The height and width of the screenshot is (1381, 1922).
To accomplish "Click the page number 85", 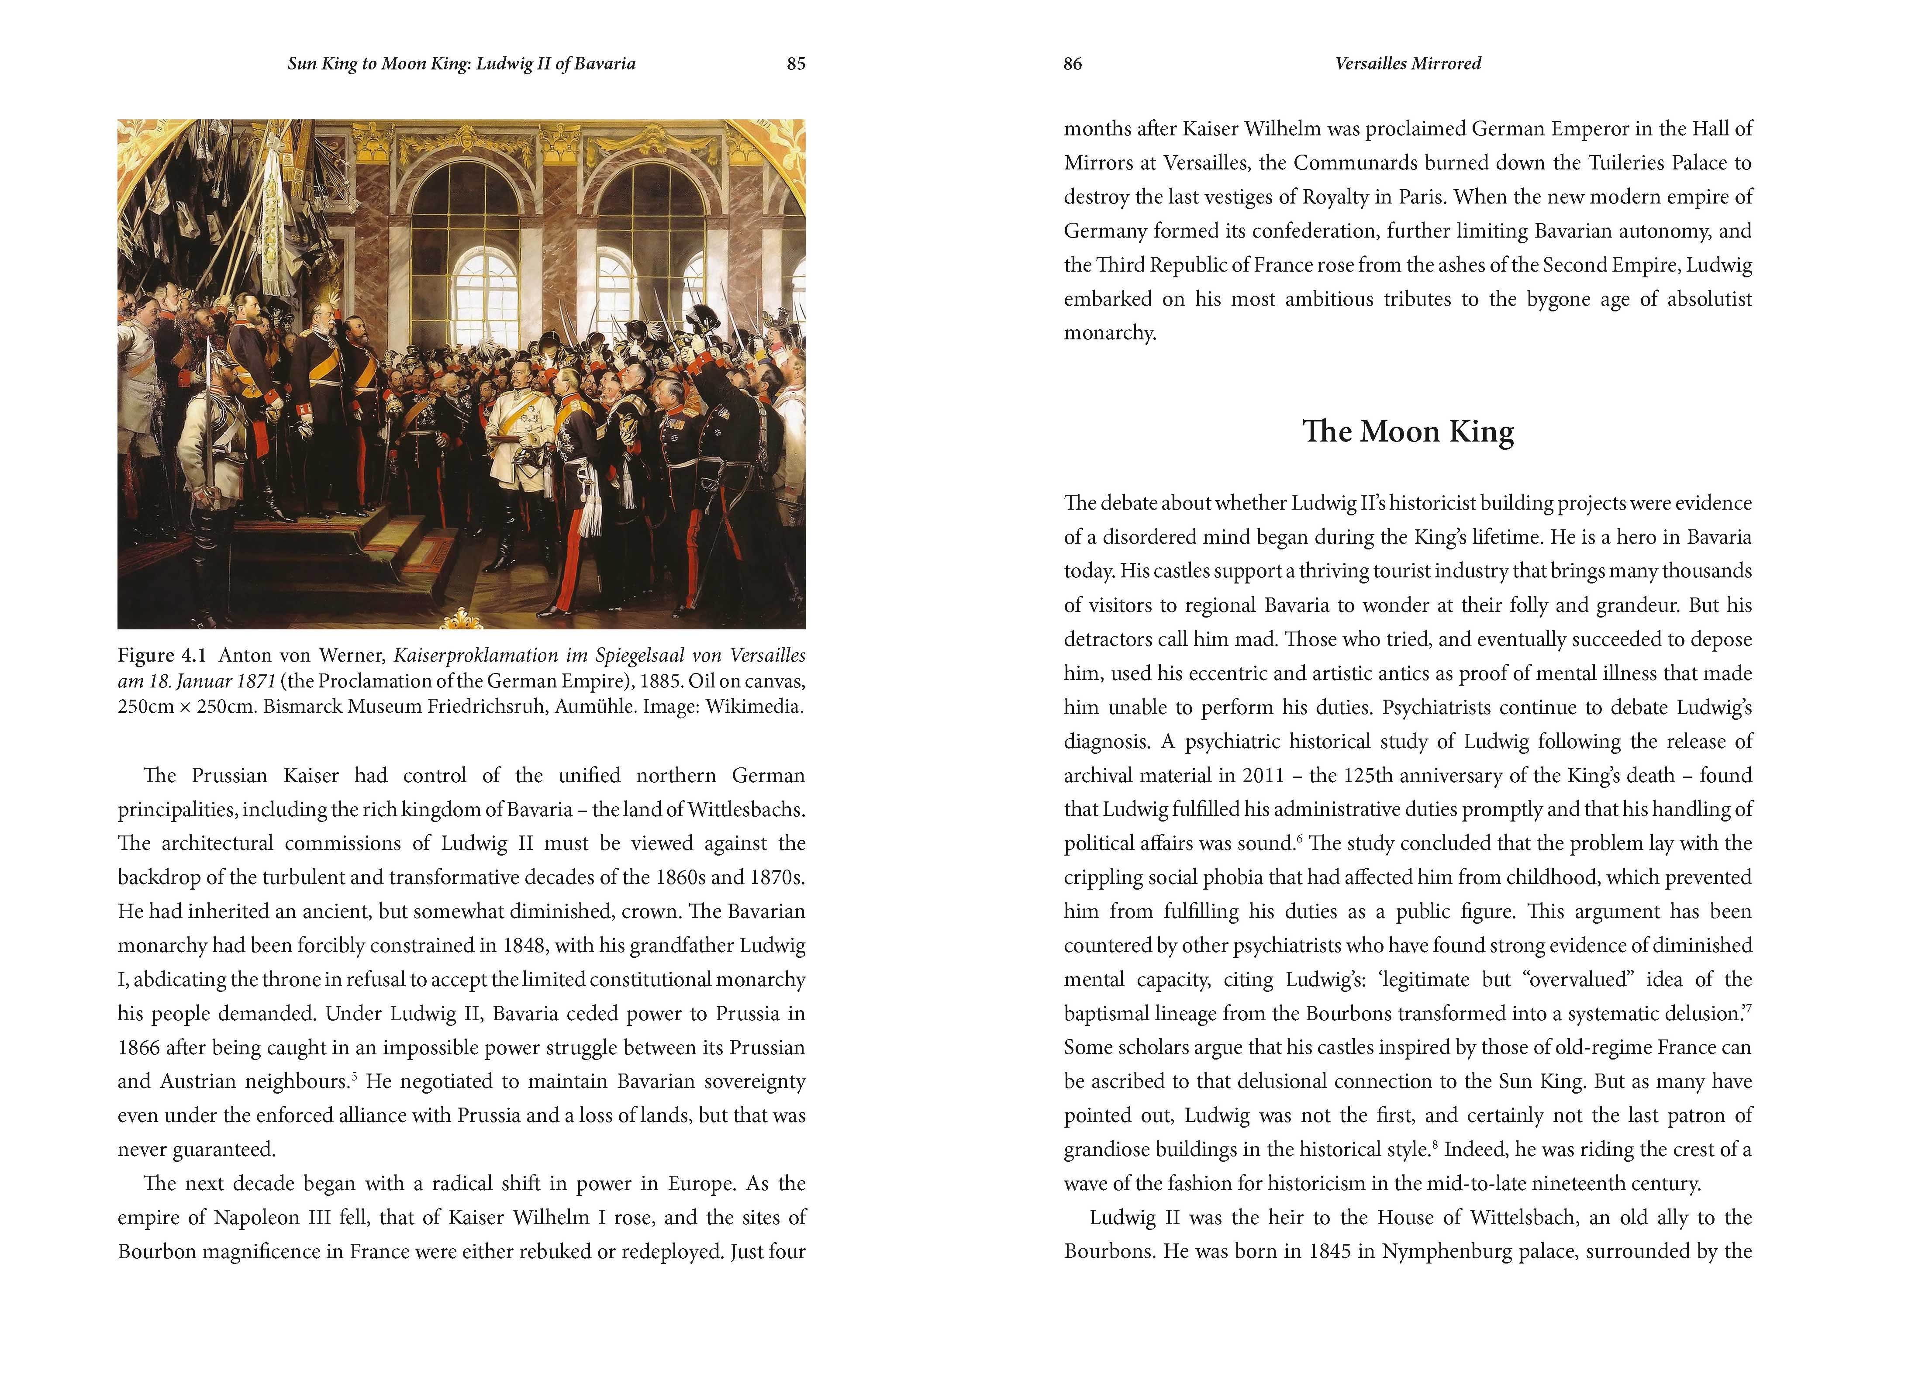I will (796, 64).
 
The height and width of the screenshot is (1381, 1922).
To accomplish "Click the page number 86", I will (1073, 64).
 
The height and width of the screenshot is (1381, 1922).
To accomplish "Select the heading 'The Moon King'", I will (1408, 432).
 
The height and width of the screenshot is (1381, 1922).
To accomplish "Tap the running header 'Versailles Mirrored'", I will (1408, 64).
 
